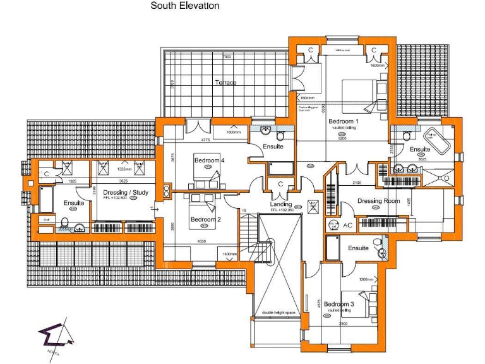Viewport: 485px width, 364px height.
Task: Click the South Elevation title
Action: click(x=185, y=6)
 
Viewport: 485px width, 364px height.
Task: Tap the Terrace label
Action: click(x=225, y=83)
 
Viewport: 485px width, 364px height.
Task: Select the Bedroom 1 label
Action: click(x=343, y=121)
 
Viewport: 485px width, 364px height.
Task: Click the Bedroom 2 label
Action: click(x=205, y=219)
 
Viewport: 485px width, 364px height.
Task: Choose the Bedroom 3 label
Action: click(x=339, y=304)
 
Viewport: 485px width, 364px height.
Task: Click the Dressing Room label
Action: click(x=379, y=201)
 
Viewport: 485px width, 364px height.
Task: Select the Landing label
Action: click(x=281, y=204)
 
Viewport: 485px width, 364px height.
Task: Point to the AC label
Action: click(x=348, y=224)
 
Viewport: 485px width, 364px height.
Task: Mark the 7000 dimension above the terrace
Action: click(x=226, y=58)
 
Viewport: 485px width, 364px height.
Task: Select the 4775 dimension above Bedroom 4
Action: click(x=205, y=140)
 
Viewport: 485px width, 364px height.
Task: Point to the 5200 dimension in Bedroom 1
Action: click(x=342, y=138)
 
